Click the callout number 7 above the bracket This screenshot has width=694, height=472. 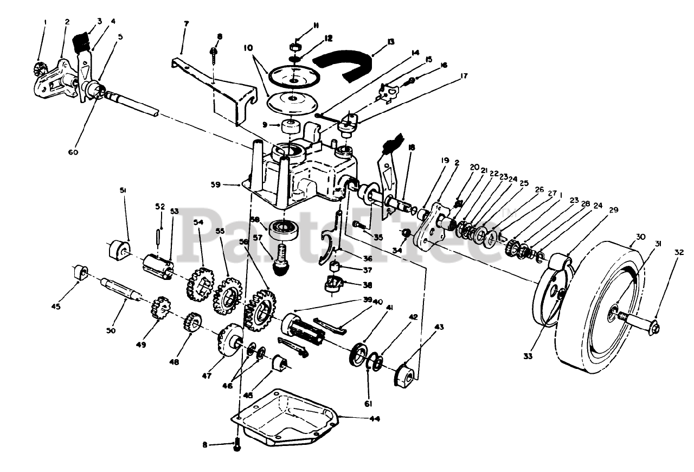tap(187, 24)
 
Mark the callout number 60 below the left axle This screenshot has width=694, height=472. tap(73, 152)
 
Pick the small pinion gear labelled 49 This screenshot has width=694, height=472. tap(161, 308)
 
